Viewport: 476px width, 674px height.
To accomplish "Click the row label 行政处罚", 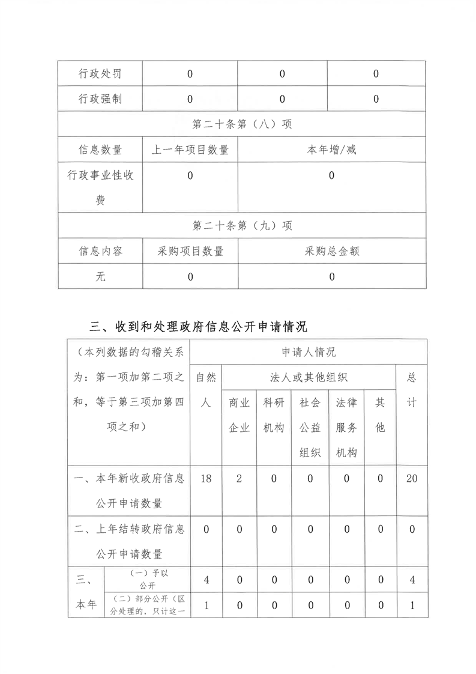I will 100,74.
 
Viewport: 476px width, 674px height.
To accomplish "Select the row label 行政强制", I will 100,99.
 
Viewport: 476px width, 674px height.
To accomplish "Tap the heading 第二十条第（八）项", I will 242,124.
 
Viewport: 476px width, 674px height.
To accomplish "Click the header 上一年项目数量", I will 190,150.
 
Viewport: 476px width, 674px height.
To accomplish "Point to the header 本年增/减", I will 331,150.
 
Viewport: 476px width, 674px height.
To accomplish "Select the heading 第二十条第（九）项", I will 242,226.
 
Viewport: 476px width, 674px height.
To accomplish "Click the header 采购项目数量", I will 190,251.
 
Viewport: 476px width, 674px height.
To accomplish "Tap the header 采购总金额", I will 331,251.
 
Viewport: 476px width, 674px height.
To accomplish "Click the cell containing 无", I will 100,276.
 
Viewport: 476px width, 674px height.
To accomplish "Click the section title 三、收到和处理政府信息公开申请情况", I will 198,327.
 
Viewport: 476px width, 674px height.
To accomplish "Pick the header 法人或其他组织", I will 309,377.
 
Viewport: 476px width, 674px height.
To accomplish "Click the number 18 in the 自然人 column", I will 205,479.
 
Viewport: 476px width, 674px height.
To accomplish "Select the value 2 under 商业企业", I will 239,479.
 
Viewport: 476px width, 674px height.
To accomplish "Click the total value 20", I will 412,479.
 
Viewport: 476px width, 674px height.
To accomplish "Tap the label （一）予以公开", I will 147,580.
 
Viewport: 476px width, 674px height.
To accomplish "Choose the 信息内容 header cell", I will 100,251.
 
